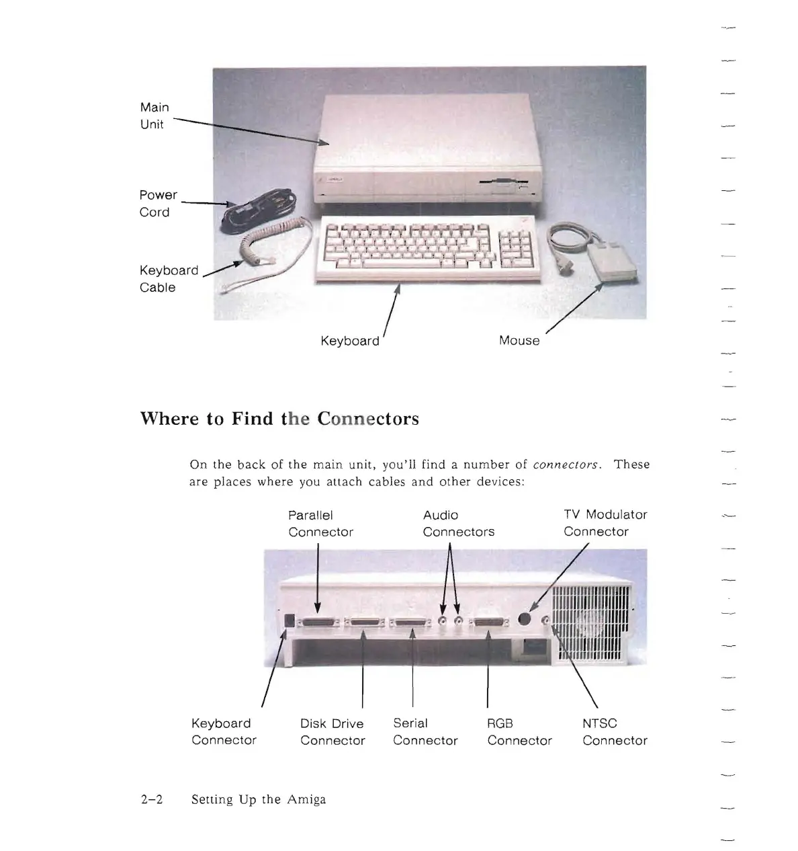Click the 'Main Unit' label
(154, 116)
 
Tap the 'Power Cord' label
(158, 203)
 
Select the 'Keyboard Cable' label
(168, 278)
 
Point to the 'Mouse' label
(519, 340)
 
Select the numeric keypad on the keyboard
(515, 246)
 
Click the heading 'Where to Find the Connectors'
(279, 419)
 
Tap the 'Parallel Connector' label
(320, 524)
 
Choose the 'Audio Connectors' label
(458, 524)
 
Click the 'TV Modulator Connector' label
(605, 523)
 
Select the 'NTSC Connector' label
(614, 732)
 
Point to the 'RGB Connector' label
(519, 732)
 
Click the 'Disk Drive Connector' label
(332, 732)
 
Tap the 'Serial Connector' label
(425, 732)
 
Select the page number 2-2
(152, 799)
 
